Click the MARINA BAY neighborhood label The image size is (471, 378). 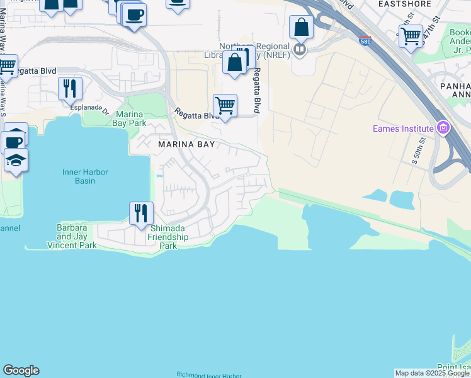(x=186, y=144)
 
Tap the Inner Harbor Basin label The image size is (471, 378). (x=86, y=176)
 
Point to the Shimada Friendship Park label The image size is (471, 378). (x=167, y=237)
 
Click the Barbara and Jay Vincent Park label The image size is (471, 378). (x=77, y=236)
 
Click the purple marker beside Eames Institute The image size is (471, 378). (x=443, y=129)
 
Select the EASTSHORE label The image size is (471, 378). (x=405, y=4)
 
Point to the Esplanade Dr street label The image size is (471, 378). (x=86, y=107)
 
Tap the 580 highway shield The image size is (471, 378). (x=365, y=41)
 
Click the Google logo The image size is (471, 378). (x=21, y=370)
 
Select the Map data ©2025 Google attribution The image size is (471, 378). (x=433, y=373)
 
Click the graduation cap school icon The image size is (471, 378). (x=14, y=160)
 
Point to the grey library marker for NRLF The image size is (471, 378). (x=300, y=49)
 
